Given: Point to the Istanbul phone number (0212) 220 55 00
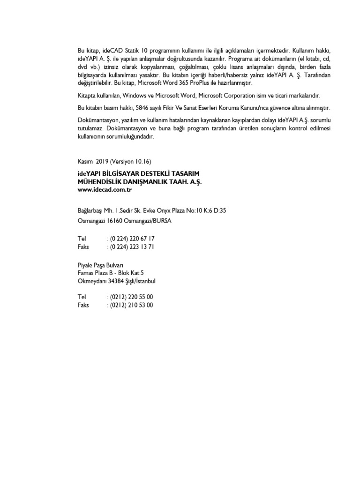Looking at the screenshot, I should tap(131, 297).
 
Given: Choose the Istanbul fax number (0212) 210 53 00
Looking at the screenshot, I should tap(131, 305).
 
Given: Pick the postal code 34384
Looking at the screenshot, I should tap(117, 281).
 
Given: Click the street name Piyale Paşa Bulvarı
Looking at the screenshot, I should tap(100, 265).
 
